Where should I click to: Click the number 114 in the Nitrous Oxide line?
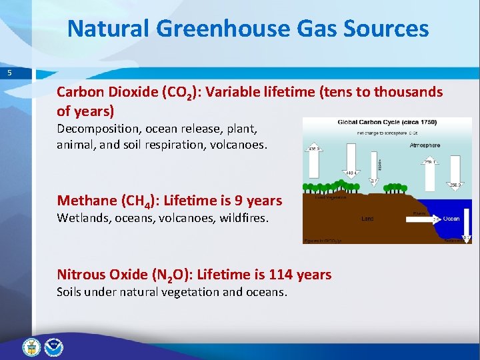coord(281,274)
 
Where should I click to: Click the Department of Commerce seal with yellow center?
coord(31,347)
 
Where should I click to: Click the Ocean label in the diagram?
coord(451,218)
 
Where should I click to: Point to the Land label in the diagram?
coord(367,218)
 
